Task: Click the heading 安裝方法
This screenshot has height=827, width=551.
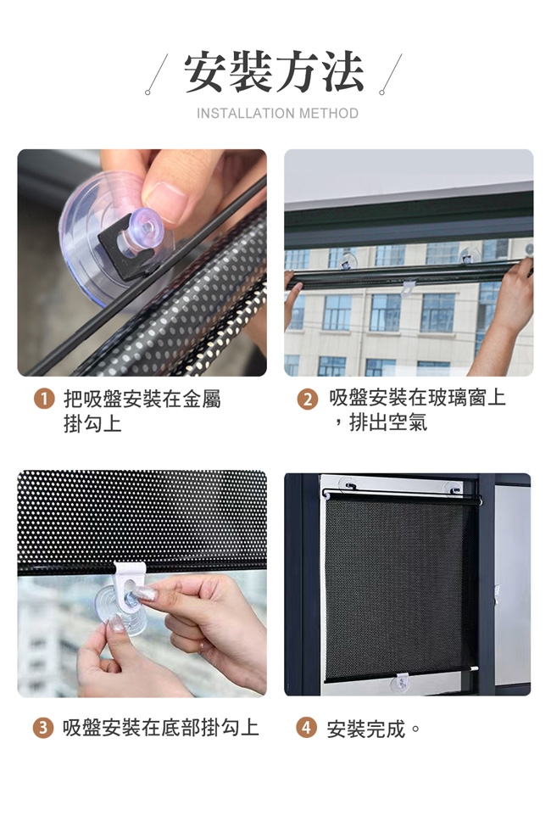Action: tap(274, 72)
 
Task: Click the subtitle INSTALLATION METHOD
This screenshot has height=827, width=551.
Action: tap(277, 114)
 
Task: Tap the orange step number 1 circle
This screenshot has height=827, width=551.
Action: tap(44, 399)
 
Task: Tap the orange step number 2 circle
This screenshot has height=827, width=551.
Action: tap(308, 400)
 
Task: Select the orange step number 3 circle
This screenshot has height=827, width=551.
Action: tap(43, 729)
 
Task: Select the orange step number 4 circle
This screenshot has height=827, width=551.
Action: tap(306, 729)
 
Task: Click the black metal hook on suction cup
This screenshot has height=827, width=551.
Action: tap(127, 252)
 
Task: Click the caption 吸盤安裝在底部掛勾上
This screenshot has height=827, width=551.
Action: tap(161, 728)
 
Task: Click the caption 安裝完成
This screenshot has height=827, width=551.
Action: tap(366, 729)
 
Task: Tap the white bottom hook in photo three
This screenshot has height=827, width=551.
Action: tap(129, 578)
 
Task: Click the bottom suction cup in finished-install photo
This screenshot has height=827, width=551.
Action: tap(401, 684)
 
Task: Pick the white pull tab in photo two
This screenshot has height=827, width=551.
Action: tap(408, 288)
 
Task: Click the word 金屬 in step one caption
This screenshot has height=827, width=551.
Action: tap(202, 399)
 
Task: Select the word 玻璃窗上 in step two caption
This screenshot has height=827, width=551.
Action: tap(466, 398)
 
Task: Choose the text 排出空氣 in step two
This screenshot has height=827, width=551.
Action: tap(388, 422)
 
